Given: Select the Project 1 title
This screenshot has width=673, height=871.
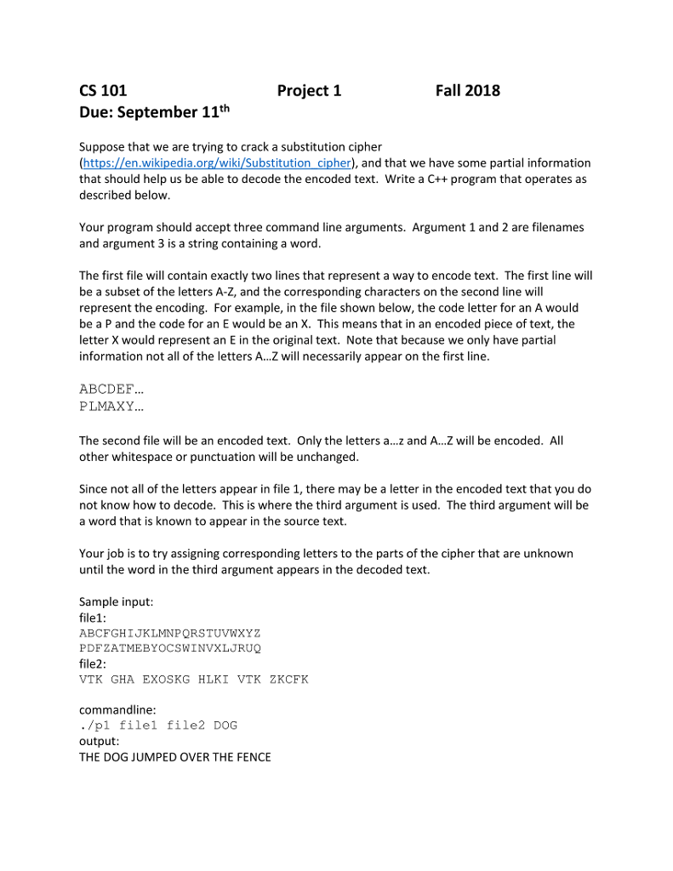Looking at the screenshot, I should pyautogui.click(x=309, y=91).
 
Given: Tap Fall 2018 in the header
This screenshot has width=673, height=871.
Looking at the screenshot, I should pyautogui.click(x=467, y=91).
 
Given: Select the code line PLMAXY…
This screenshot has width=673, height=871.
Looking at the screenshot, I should pyautogui.click(x=111, y=406).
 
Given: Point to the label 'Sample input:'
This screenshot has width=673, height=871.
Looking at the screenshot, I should pyautogui.click(x=116, y=601).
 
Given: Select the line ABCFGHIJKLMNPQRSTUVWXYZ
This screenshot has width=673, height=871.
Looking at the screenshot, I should pyautogui.click(x=169, y=633).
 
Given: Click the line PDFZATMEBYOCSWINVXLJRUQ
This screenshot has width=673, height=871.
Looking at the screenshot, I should pyautogui.click(x=169, y=648).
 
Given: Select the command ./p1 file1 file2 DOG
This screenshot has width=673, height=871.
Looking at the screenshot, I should pyautogui.click(x=158, y=726).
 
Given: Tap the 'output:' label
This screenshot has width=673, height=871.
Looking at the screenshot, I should pyautogui.click(x=99, y=741).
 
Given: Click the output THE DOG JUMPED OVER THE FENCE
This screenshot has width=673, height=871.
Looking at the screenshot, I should pyautogui.click(x=174, y=757).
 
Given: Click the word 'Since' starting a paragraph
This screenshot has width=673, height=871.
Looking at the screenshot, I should pyautogui.click(x=94, y=489).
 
